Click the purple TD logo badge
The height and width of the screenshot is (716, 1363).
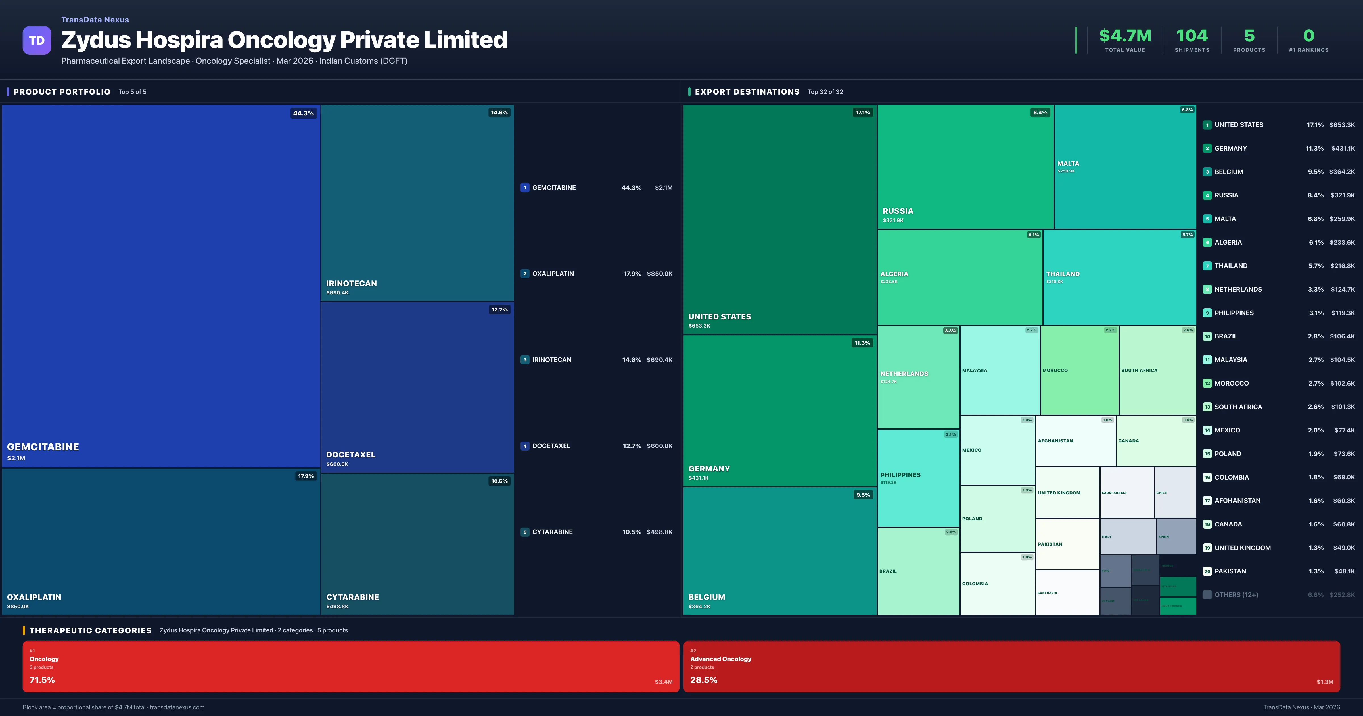pos(37,40)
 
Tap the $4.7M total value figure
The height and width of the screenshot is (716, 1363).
pos(1125,36)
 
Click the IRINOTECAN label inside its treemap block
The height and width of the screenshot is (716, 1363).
pos(351,283)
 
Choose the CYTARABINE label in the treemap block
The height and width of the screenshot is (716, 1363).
pos(352,597)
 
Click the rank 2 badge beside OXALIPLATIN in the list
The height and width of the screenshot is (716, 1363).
pos(525,274)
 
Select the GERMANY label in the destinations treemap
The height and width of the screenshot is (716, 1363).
pos(709,469)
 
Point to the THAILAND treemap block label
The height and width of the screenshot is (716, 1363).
pos(1063,274)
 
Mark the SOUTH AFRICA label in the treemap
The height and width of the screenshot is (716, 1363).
pos(1139,370)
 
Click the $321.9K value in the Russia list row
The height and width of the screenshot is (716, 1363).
pos(1342,195)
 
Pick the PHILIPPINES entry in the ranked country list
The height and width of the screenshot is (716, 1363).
pos(1234,313)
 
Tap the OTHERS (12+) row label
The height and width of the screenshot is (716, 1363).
pos(1236,595)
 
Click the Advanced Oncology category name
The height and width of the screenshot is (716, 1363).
pos(721,659)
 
